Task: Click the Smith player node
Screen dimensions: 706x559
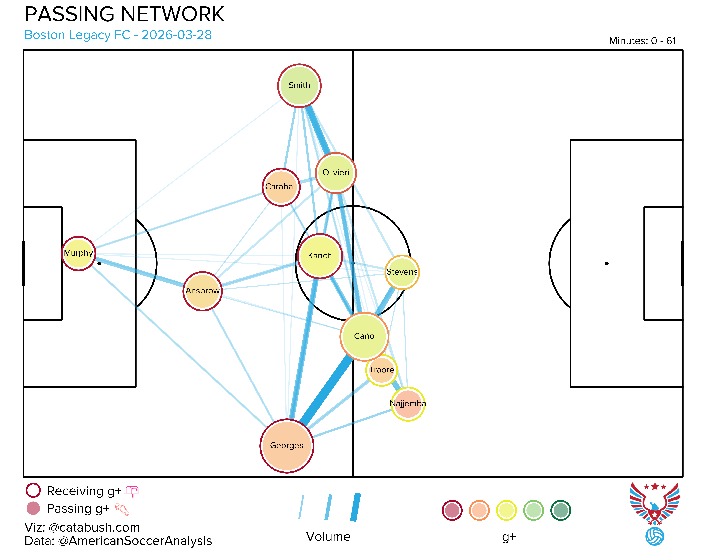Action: [x=299, y=85]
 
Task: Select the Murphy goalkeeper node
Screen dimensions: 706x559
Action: [x=79, y=253]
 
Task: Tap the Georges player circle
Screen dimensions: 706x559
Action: [x=287, y=446]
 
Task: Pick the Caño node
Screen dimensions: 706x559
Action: [x=364, y=336]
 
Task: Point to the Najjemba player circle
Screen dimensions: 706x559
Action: [x=408, y=404]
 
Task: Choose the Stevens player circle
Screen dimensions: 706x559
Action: [x=402, y=272]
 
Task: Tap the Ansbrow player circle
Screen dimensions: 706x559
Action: [x=203, y=291]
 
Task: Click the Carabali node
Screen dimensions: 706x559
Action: [x=281, y=187]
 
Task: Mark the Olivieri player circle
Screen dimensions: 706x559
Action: [x=336, y=173]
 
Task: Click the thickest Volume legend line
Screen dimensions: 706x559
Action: [x=355, y=507]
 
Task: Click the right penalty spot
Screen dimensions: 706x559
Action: [x=607, y=263]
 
